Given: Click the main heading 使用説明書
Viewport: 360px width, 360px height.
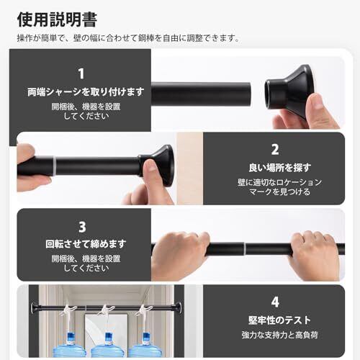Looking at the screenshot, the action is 57,19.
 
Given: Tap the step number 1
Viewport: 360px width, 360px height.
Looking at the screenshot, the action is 81,73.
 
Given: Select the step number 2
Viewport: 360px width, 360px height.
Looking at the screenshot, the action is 275,149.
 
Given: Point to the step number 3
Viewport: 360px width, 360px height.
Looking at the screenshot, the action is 82,227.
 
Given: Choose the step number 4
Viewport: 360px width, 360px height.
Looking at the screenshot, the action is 275,302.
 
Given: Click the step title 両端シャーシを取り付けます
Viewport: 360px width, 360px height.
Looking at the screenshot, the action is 86,92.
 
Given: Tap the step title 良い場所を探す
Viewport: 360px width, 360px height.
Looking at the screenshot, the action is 280,168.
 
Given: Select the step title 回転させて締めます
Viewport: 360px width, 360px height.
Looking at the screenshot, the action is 86,244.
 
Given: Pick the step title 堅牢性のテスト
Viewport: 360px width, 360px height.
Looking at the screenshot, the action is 279,320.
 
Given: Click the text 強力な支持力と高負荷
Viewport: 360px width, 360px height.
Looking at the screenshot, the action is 280,335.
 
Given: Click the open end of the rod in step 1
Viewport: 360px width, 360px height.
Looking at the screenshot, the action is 249,94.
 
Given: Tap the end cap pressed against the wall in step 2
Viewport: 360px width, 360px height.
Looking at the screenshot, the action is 158,165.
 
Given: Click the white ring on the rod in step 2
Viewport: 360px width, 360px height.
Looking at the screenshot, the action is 55,166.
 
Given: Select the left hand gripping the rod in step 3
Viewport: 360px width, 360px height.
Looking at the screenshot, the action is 181,255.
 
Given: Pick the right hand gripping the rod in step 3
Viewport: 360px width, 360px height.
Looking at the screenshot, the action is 314,255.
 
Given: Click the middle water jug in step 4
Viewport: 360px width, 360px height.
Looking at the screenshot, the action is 107,345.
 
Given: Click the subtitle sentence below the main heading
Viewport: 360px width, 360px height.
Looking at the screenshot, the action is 128,38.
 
